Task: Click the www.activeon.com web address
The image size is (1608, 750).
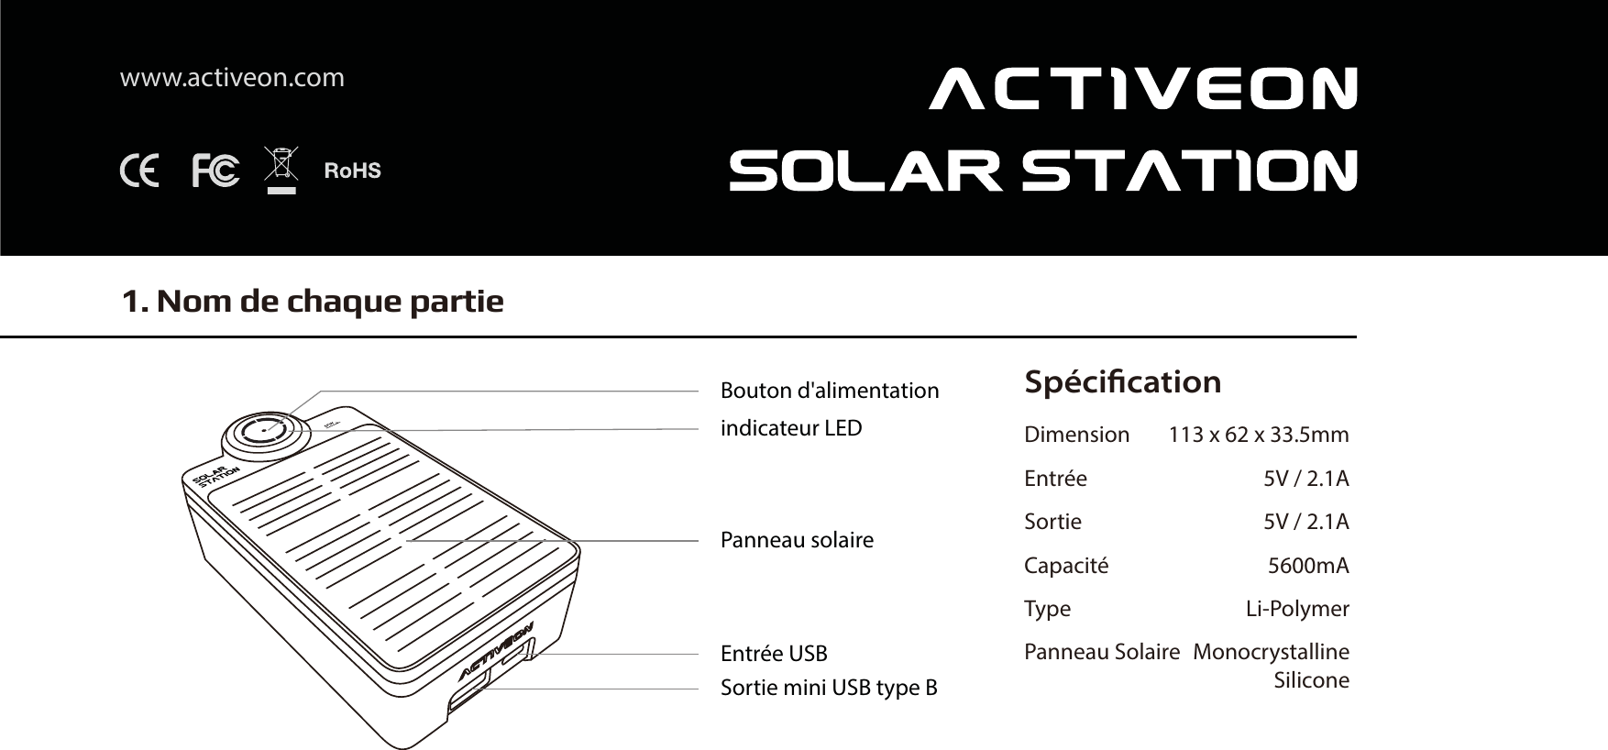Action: [x=232, y=78]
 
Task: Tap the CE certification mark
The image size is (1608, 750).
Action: [x=139, y=171]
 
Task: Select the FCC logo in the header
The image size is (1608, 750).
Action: [x=215, y=171]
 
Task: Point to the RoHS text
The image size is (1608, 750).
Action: [x=353, y=171]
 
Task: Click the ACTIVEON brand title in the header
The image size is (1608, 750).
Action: [x=1142, y=88]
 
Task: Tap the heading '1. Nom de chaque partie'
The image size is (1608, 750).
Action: [x=314, y=301]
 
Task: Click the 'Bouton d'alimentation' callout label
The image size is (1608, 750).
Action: [x=830, y=391]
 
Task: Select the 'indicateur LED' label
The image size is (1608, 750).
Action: [x=791, y=428]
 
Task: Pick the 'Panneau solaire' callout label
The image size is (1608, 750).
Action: [x=797, y=540]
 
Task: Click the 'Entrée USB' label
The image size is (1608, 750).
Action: [x=774, y=654]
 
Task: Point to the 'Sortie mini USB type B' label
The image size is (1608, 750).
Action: [x=829, y=688]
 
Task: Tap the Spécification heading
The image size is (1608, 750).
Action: [x=1122, y=381]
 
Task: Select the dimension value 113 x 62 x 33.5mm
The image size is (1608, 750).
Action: [x=1258, y=435]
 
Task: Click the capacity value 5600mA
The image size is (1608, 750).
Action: [x=1308, y=566]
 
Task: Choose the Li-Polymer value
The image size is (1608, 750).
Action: [x=1297, y=609]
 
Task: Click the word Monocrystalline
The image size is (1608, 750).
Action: [x=1271, y=652]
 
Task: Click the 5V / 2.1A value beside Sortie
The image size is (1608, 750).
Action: [x=1305, y=522]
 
